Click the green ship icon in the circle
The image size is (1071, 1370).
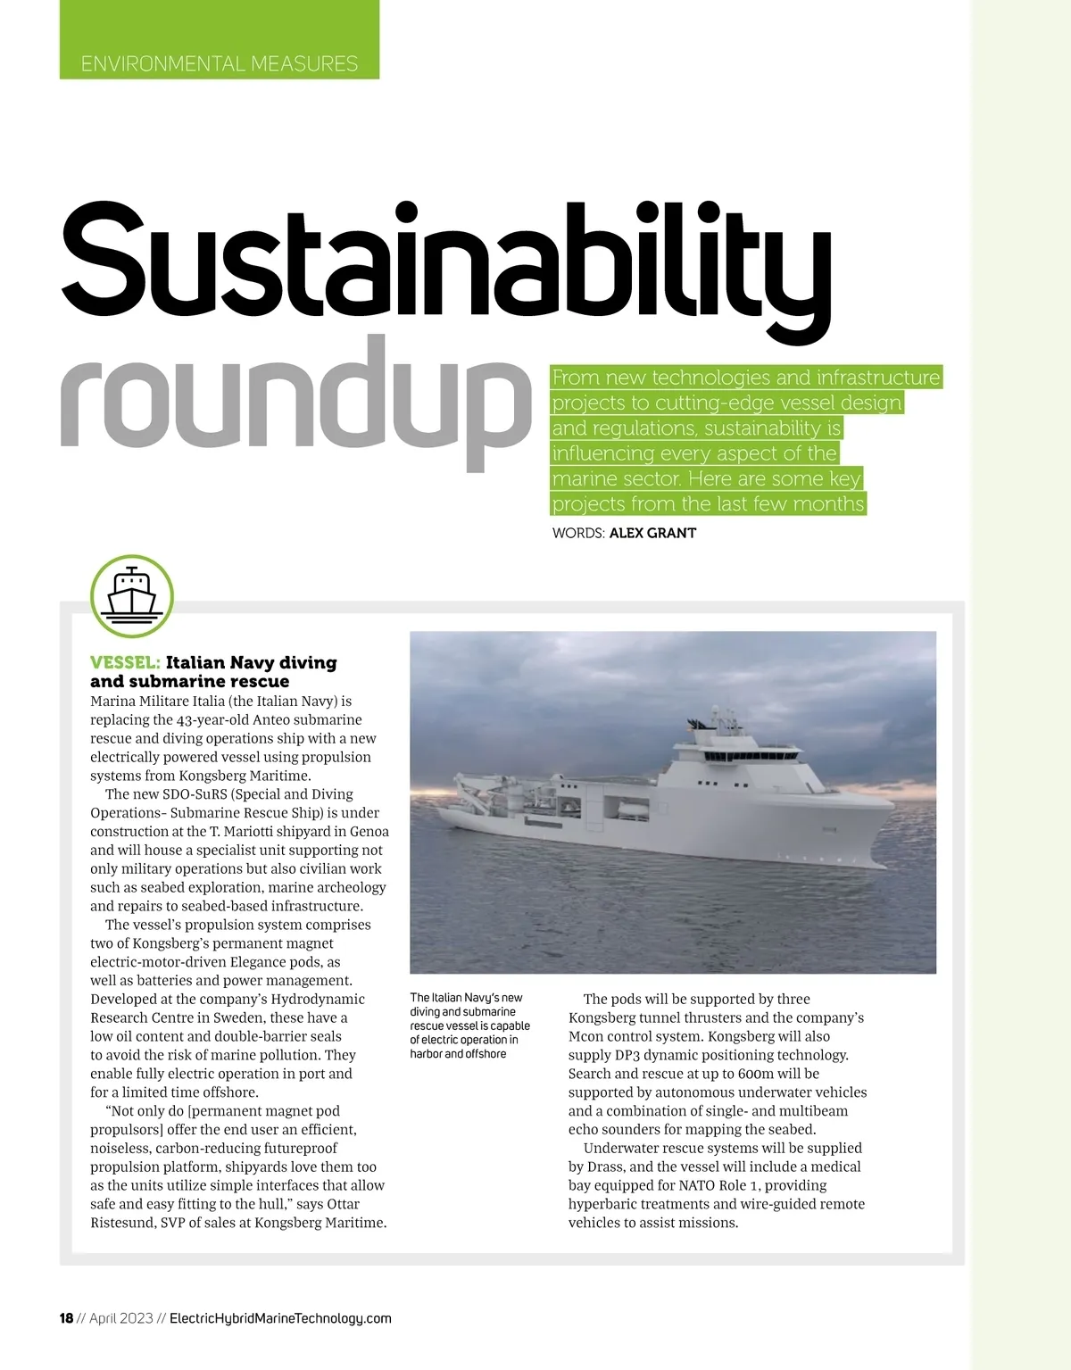(131, 595)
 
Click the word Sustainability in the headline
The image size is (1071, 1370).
(445, 259)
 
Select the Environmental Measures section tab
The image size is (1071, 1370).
(220, 63)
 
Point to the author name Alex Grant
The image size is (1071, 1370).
(652, 533)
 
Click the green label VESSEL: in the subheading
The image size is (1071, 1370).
(125, 662)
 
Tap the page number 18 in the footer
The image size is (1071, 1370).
(66, 1318)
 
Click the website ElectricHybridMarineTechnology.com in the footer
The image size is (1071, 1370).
(280, 1318)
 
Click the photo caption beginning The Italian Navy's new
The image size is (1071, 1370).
(469, 1025)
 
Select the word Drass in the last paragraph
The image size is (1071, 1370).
(607, 1167)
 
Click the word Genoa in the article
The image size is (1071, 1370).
(369, 832)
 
